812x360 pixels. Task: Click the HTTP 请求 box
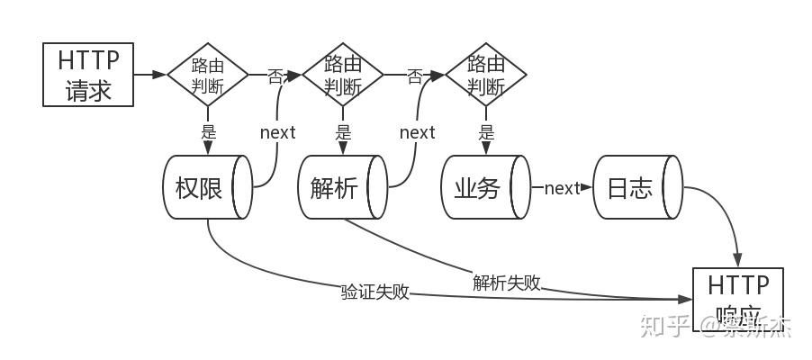click(x=88, y=75)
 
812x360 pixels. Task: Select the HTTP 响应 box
click(x=737, y=299)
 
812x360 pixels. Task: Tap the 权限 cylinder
click(x=207, y=187)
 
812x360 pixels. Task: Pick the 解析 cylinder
click(x=343, y=187)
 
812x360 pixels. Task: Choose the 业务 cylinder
click(x=485, y=187)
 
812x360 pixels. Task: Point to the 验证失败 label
click(x=375, y=292)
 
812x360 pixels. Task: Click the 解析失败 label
click(x=507, y=282)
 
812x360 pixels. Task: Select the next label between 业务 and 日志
click(x=562, y=188)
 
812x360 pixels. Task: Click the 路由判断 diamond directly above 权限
click(x=208, y=75)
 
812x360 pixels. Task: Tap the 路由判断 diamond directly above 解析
click(x=343, y=75)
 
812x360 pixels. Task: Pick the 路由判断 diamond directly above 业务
click(x=486, y=75)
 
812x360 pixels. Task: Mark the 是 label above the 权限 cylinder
click(x=209, y=131)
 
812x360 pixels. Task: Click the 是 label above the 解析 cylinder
click(x=343, y=131)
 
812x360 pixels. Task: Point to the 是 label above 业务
click(x=486, y=131)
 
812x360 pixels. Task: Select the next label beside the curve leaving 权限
click(x=277, y=132)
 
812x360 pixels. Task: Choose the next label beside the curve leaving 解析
click(x=417, y=132)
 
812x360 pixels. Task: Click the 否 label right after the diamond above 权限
click(x=275, y=76)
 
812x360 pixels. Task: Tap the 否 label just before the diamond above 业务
click(x=415, y=76)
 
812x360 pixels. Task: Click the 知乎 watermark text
click(x=664, y=325)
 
